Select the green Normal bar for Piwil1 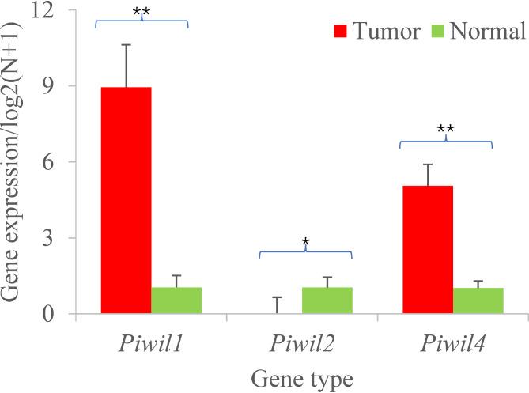[176, 300]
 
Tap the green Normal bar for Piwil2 [327, 300]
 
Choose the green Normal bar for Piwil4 [479, 301]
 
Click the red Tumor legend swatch [341, 32]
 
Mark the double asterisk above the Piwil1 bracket [142, 11]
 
